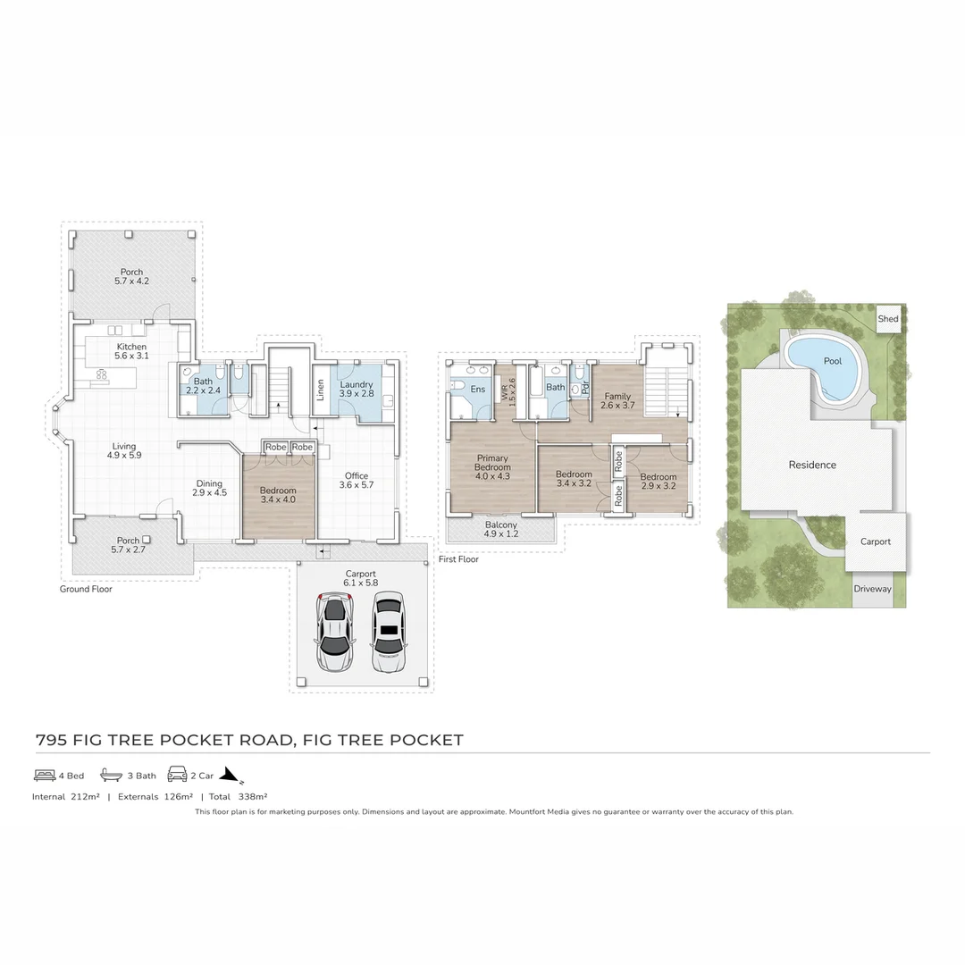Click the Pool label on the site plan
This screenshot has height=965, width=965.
click(x=832, y=361)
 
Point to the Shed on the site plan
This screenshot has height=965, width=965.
click(x=887, y=319)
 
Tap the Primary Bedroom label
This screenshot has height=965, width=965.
click(x=492, y=463)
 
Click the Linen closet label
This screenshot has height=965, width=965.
click(x=320, y=390)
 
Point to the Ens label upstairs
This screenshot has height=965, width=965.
click(x=478, y=389)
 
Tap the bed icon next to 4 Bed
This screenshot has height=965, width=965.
click(x=45, y=775)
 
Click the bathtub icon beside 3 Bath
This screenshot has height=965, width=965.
click(x=111, y=775)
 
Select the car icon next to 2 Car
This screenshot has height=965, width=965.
click(x=177, y=775)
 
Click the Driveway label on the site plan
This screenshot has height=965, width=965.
click(x=872, y=589)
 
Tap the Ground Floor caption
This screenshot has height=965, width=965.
click(x=86, y=589)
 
